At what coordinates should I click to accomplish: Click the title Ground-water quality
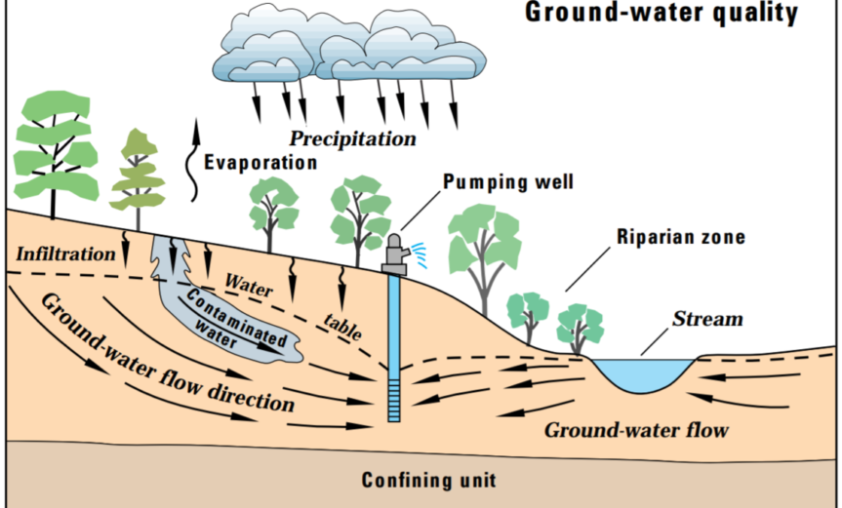click(x=662, y=14)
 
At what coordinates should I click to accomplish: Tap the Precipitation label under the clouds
click(x=352, y=138)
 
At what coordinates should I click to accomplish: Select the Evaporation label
click(x=261, y=162)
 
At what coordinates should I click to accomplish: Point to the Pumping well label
click(x=508, y=181)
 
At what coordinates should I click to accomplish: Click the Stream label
click(x=707, y=319)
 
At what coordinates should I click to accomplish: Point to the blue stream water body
click(x=644, y=373)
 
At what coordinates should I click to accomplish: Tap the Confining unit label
click(x=428, y=480)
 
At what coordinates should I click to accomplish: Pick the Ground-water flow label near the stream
click(x=637, y=429)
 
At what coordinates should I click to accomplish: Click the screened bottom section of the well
click(x=393, y=401)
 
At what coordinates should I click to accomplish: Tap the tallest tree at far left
click(x=54, y=146)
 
